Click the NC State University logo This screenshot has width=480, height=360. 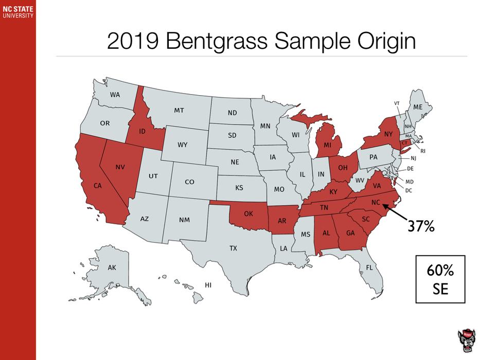pos(17,12)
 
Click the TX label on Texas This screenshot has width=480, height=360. pos(233,248)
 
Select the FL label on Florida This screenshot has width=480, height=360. pos(369,267)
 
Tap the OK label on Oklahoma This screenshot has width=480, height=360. pos(248,213)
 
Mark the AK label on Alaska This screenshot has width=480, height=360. pos(112,268)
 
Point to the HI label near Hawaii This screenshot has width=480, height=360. pos(208,284)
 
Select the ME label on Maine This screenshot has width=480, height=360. pos(418,106)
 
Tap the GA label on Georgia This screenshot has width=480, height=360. pos(350,232)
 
